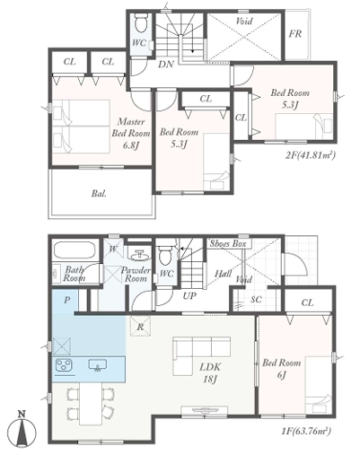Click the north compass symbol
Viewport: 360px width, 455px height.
pyautogui.click(x=22, y=432)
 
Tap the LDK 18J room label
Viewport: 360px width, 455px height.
pyautogui.click(x=210, y=372)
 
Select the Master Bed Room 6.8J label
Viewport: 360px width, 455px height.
pyautogui.click(x=131, y=133)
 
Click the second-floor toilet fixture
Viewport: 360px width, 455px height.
pyautogui.click(x=140, y=22)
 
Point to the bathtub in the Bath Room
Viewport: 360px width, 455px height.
pyautogui.click(x=75, y=250)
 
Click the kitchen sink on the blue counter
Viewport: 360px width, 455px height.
pyautogui.click(x=98, y=365)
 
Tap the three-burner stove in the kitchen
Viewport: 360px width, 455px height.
pyautogui.click(x=64, y=366)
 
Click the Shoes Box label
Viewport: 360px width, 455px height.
pyautogui.click(x=228, y=243)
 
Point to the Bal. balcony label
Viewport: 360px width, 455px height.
pyautogui.click(x=99, y=194)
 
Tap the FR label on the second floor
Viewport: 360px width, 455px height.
pyautogui.click(x=295, y=34)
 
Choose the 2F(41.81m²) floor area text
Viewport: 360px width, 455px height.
pyautogui.click(x=311, y=155)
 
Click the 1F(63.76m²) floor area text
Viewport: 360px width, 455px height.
pyautogui.click(x=306, y=432)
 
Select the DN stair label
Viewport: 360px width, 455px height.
pyautogui.click(x=166, y=64)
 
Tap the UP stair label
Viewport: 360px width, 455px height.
pyautogui.click(x=189, y=296)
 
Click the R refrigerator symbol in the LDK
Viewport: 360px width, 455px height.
pyautogui.click(x=140, y=327)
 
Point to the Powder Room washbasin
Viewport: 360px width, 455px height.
pyautogui.click(x=140, y=255)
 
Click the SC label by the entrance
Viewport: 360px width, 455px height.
pyautogui.click(x=256, y=299)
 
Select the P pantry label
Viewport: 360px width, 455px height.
pyautogui.click(x=66, y=300)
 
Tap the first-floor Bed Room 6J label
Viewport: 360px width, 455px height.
pyautogui.click(x=282, y=369)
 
